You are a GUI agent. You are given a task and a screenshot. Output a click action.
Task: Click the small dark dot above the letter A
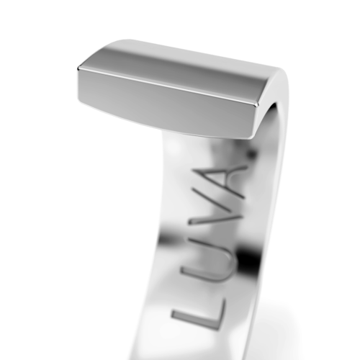251,153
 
